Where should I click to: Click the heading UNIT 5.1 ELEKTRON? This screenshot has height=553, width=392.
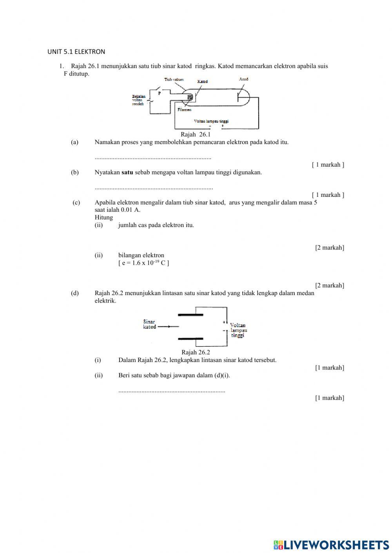pos(76,52)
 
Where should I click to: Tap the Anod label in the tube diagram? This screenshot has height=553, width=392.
pos(243,79)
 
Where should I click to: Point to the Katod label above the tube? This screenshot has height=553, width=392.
pos(203,81)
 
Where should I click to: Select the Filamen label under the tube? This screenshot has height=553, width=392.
pos(185,110)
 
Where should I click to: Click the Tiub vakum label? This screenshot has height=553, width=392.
pos(174,79)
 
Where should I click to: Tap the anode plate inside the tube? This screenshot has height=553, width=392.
pos(238,96)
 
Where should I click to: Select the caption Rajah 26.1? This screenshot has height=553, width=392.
pos(196,135)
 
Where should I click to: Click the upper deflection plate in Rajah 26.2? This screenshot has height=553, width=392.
pos(191,314)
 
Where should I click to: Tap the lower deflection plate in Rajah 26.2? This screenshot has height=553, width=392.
pos(191,339)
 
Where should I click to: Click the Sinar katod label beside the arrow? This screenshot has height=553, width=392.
pos(149,324)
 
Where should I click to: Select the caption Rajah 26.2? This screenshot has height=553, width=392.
pos(196,352)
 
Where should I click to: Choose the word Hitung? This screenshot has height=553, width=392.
pos(103,218)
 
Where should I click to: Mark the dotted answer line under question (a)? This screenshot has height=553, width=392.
pos(153,158)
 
